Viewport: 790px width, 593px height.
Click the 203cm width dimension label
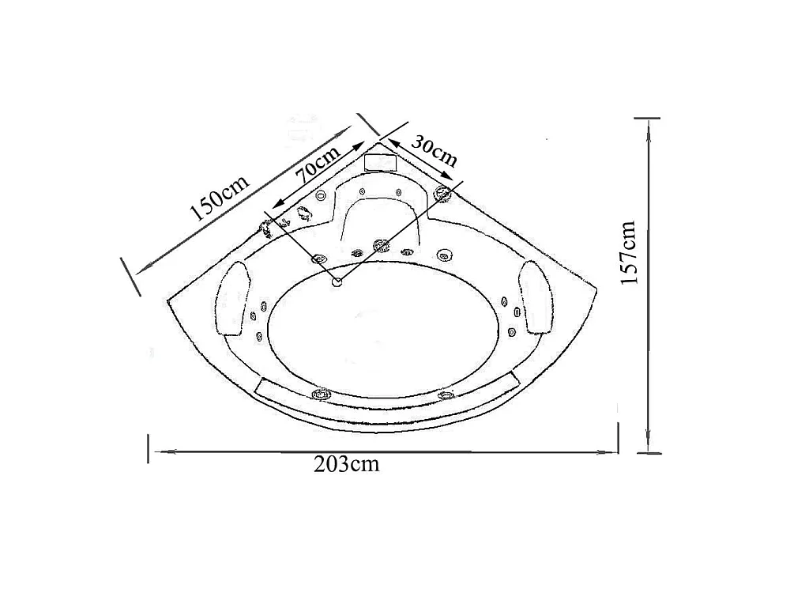(346, 464)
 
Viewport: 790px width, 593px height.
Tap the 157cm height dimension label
(629, 252)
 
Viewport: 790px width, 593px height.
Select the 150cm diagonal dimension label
(220, 198)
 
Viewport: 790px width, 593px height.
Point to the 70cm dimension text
(318, 165)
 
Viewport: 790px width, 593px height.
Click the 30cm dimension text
(434, 150)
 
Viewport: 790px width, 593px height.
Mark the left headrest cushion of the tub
(234, 299)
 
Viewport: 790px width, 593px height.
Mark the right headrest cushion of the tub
(537, 296)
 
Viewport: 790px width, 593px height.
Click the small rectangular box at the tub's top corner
(381, 162)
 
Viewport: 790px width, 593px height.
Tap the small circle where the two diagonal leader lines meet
(337, 282)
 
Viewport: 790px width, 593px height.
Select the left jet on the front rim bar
(320, 394)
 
